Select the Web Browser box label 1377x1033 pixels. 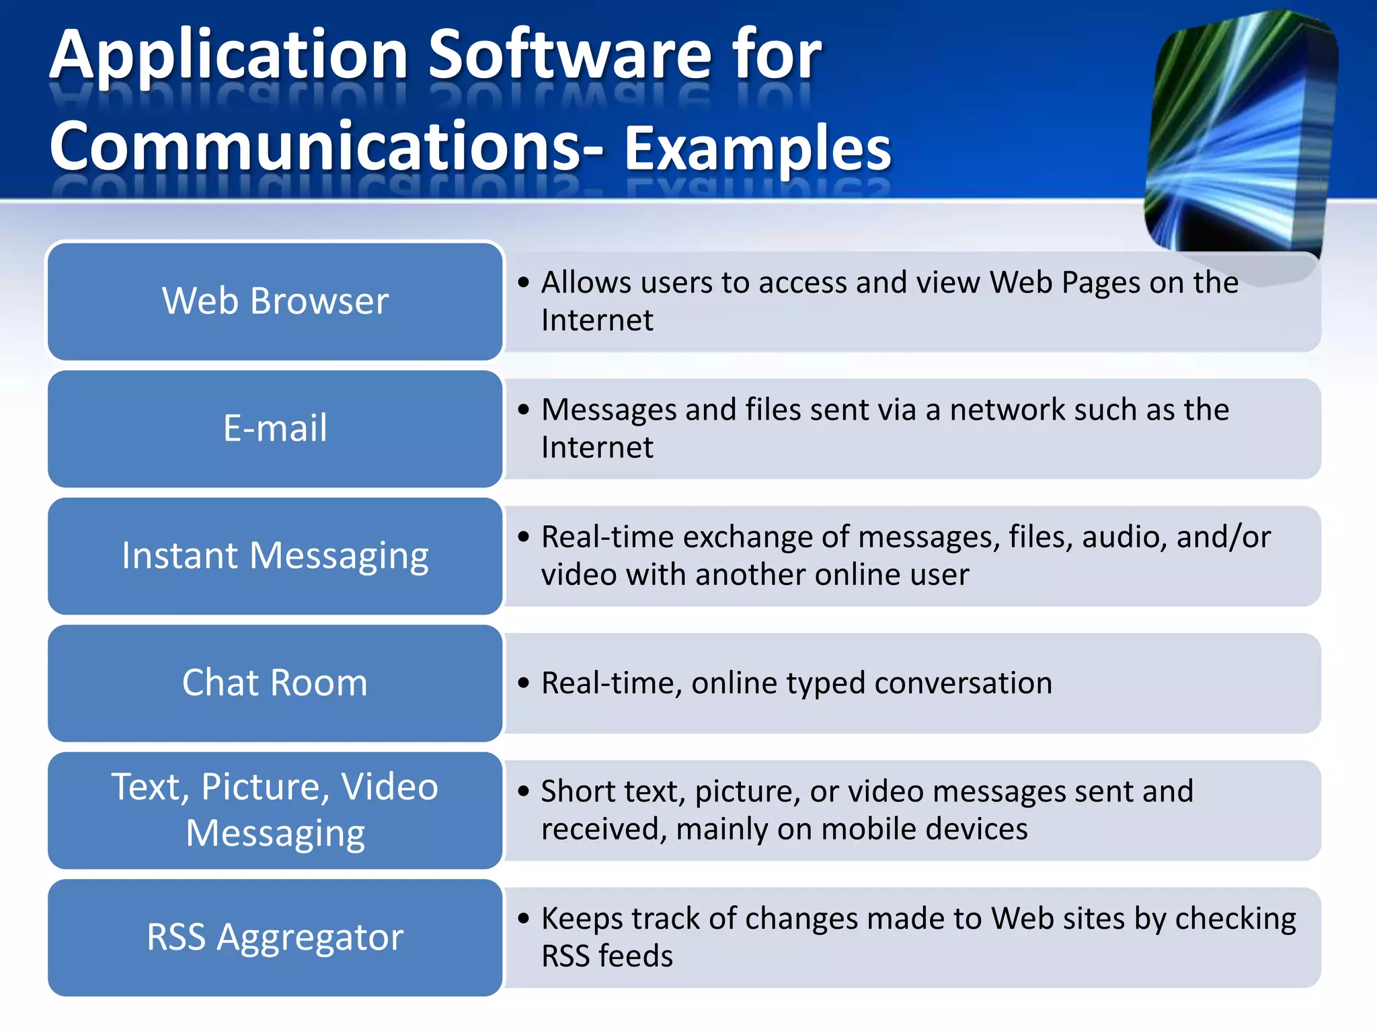(x=275, y=301)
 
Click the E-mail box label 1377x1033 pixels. (x=275, y=428)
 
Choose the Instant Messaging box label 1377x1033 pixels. (x=275, y=556)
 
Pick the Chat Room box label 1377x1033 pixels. (x=275, y=683)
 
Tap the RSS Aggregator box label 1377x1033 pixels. (x=275, y=937)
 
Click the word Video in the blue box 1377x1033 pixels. (x=389, y=786)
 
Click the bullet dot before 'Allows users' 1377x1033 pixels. (x=524, y=282)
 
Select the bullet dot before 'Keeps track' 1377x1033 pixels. (x=524, y=918)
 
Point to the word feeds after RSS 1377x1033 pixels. (x=635, y=956)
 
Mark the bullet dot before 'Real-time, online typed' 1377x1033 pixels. (x=524, y=683)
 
